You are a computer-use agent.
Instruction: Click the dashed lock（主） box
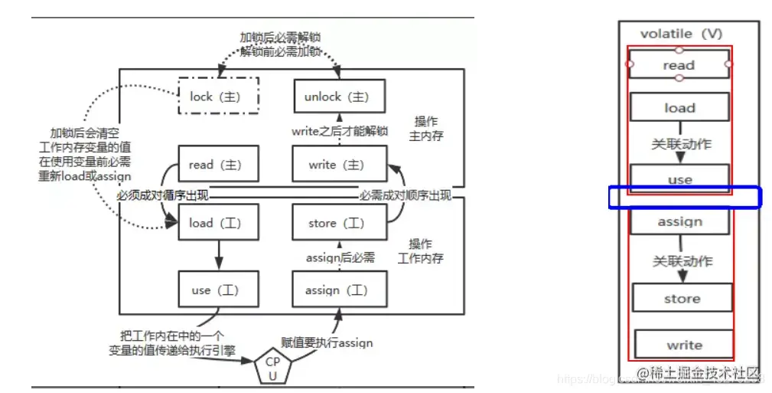pos(219,97)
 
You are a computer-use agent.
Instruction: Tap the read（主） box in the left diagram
pos(219,164)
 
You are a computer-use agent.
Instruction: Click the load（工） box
pos(219,223)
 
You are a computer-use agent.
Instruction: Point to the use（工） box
pos(219,290)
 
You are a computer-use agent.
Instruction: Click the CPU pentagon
pos(274,366)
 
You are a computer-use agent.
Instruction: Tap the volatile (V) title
pos(680,34)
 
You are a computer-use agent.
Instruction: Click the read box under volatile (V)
pos(679,65)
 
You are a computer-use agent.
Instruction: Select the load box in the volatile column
pos(679,108)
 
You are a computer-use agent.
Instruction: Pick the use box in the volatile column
pos(679,179)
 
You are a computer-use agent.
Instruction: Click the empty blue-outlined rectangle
pos(685,197)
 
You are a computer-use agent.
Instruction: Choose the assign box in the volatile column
pos(679,221)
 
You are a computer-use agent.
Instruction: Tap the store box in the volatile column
pos(682,298)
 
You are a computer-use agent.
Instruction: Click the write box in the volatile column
pos(683,344)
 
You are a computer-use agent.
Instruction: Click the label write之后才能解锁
pos(340,131)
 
